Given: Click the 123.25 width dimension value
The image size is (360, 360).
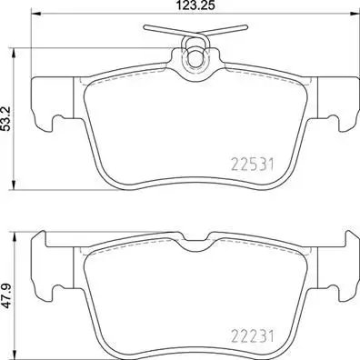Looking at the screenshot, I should coord(192,6).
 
